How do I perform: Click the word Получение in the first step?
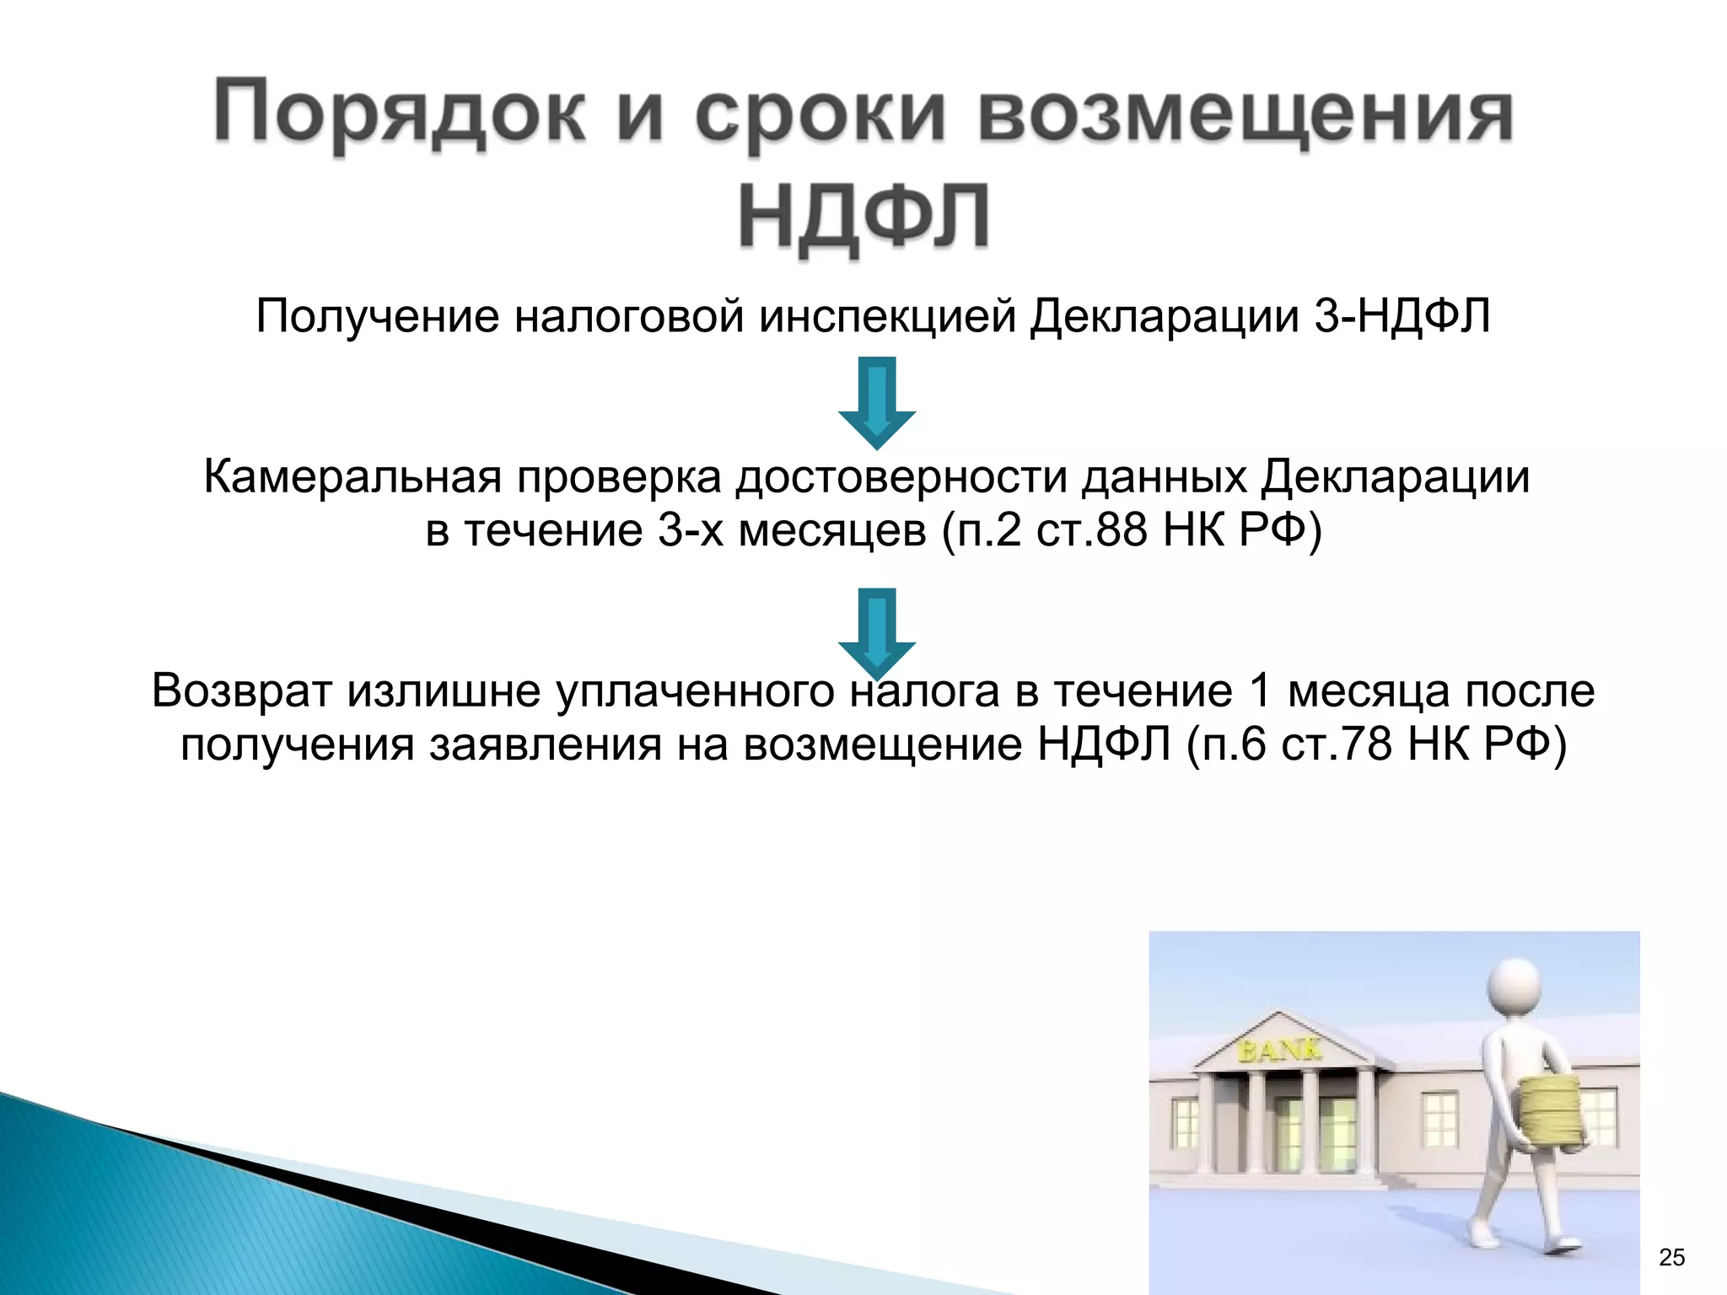377,317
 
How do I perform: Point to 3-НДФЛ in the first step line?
1402,317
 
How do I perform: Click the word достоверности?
901,477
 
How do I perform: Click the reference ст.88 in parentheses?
1091,531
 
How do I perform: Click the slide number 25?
1671,1257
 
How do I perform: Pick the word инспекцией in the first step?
887,317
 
